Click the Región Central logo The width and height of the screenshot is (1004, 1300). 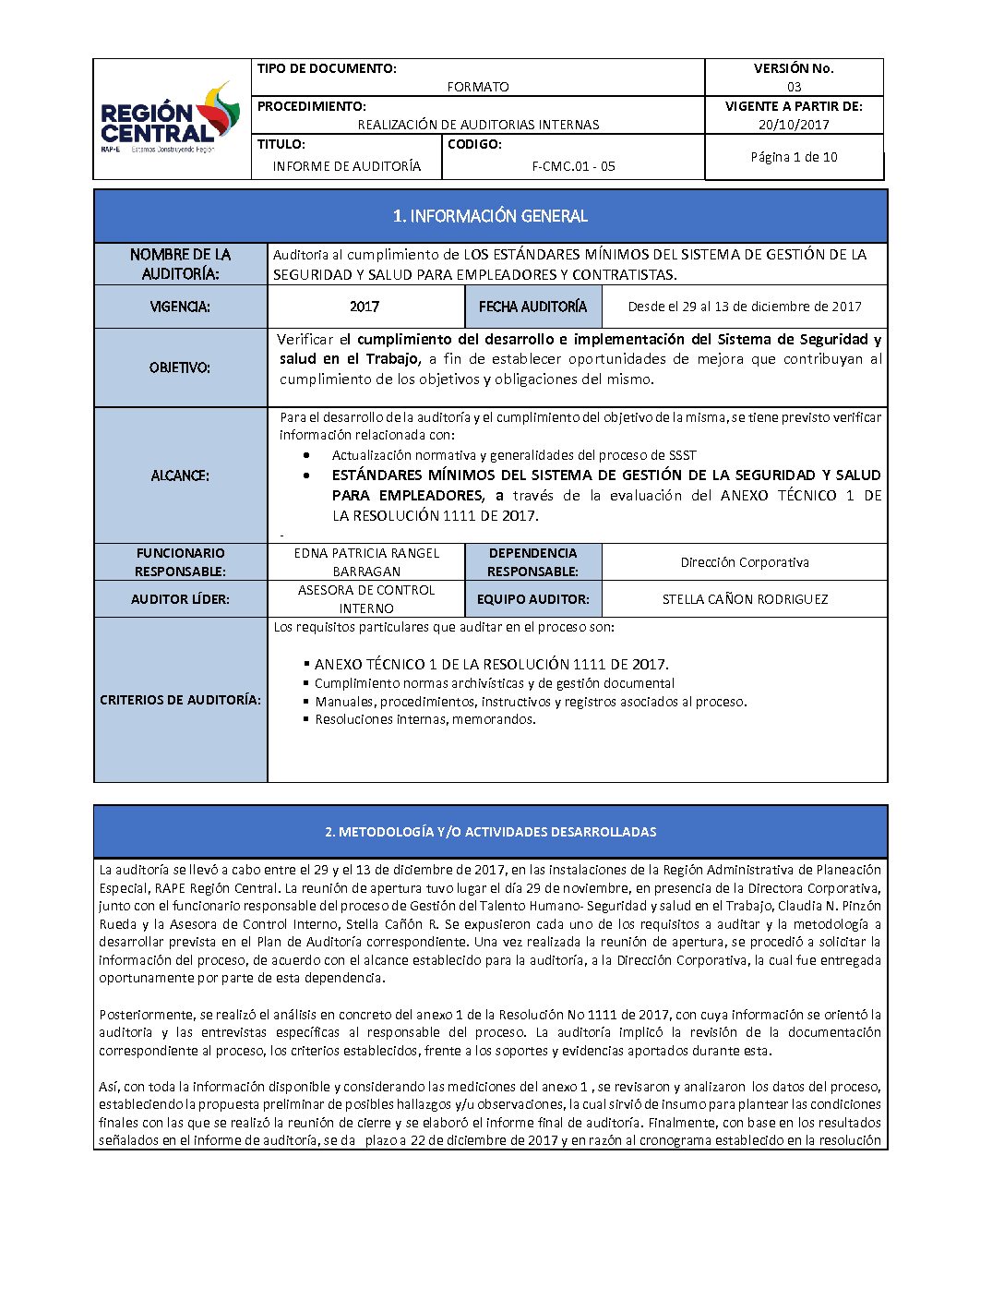[171, 119]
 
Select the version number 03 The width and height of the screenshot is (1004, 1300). [794, 87]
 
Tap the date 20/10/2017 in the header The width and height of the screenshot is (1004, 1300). [794, 125]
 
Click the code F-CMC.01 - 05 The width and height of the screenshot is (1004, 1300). [573, 166]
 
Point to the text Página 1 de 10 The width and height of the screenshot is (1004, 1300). [794, 157]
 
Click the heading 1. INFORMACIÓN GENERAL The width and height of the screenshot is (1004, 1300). [490, 216]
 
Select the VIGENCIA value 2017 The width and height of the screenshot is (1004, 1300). [365, 307]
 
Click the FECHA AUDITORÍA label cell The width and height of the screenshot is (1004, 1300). [532, 307]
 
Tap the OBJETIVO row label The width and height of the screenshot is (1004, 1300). [180, 367]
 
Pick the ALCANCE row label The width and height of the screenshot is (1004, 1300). [180, 475]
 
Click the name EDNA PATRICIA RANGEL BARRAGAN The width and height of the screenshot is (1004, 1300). [366, 562]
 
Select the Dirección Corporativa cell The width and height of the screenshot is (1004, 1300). [745, 562]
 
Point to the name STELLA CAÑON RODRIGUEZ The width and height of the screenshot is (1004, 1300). [745, 599]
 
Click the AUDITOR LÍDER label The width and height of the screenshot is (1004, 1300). [180, 599]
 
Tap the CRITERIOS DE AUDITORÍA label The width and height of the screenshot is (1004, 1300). [180, 700]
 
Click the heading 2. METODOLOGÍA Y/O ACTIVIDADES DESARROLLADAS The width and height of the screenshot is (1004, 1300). [490, 832]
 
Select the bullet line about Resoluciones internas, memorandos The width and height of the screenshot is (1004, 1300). [424, 719]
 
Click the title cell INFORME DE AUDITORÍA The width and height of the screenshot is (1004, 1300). [347, 166]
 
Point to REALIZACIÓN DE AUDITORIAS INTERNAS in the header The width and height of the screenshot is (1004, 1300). [478, 125]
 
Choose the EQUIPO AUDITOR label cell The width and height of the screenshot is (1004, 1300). [532, 599]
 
